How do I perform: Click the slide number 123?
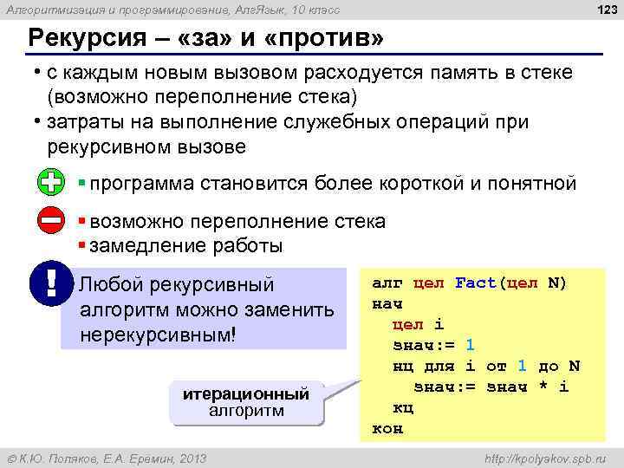pyautogui.click(x=603, y=10)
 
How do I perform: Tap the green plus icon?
pyautogui.click(x=50, y=183)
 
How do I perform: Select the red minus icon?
pyautogui.click(x=50, y=220)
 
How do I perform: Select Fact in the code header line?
pyautogui.click(x=476, y=283)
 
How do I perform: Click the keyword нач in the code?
pyautogui.click(x=387, y=304)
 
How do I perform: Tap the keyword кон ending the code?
pyautogui.click(x=387, y=428)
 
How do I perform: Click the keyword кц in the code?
pyautogui.click(x=404, y=406)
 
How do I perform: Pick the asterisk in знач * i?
pyautogui.click(x=543, y=386)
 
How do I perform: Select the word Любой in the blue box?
pyautogui.click(x=111, y=284)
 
